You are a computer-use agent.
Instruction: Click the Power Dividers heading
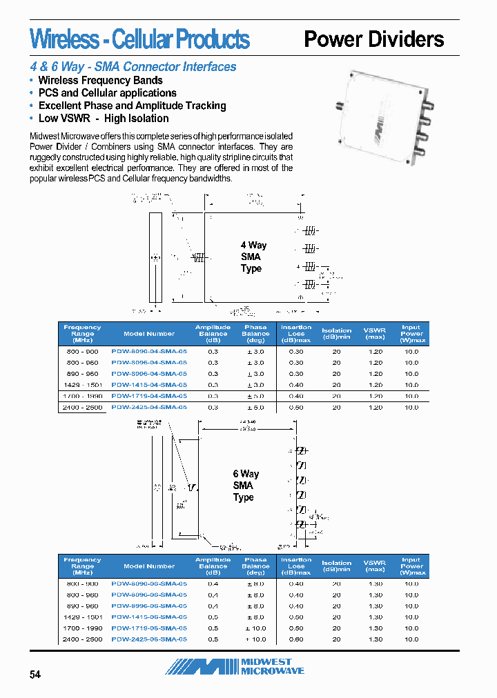coord(373,39)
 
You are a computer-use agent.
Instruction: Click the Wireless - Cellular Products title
coord(139,39)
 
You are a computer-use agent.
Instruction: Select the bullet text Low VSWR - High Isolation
coord(104,119)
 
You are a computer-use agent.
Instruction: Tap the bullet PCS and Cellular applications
coord(107,93)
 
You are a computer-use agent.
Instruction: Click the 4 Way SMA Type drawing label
coord(253,257)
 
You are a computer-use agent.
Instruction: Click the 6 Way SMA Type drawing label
coord(245,486)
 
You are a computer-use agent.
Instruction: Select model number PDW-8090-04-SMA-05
coord(149,351)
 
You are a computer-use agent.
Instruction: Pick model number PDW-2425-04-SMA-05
coord(149,408)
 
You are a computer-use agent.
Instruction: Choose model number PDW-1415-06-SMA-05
coord(149,617)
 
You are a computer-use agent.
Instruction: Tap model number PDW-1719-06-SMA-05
coord(149,628)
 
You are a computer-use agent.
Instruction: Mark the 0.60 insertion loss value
coord(296,639)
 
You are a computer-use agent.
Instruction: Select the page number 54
coord(35,675)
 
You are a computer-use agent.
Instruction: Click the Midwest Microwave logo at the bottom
coord(235,666)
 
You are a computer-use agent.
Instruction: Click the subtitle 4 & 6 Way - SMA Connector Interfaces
coord(133,67)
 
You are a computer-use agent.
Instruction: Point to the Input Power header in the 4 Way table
coord(411,334)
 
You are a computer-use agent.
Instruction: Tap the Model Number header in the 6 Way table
coord(149,566)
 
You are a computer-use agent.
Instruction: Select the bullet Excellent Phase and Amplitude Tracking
coord(132,106)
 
